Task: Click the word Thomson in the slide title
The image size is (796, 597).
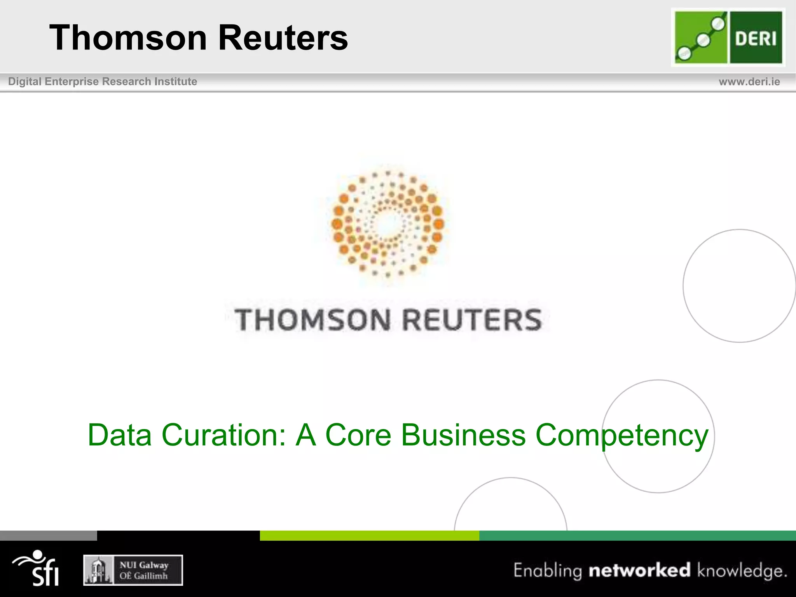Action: (128, 38)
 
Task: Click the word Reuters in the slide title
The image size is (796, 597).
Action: (283, 38)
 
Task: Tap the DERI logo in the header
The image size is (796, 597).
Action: (728, 37)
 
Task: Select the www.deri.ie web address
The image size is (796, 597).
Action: (749, 82)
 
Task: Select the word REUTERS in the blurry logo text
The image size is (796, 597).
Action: (472, 320)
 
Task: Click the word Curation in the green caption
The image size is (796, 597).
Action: (224, 435)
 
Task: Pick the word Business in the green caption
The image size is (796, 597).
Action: (463, 435)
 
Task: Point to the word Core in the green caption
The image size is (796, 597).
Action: (358, 435)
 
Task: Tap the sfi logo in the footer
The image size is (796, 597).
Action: (37, 568)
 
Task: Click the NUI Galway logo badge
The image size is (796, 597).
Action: (133, 570)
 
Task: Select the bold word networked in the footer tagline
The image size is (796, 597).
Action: (639, 570)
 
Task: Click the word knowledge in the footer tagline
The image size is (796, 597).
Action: (742, 571)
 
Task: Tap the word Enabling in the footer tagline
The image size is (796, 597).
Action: (548, 571)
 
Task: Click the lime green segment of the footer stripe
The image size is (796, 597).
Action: (369, 536)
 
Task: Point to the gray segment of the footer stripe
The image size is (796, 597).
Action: (48, 536)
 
